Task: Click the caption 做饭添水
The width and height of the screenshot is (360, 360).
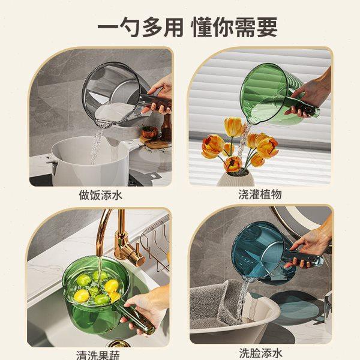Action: [x=100, y=194]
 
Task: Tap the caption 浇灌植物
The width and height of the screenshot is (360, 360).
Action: [x=259, y=194]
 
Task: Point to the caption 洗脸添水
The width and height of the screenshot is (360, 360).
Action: [x=259, y=353]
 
